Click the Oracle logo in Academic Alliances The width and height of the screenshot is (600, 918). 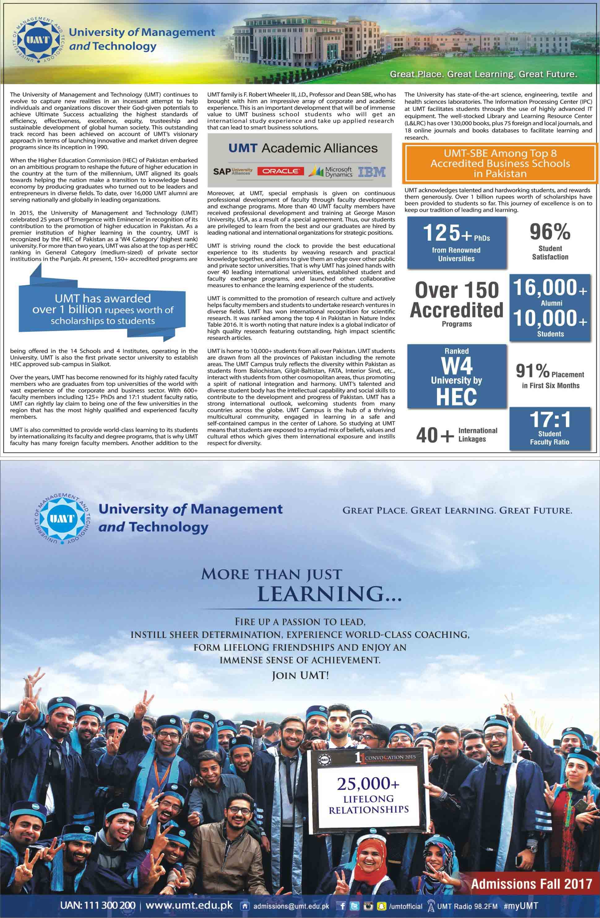(x=281, y=171)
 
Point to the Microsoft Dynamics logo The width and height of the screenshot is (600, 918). (x=331, y=172)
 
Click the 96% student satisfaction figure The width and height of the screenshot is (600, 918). (x=550, y=232)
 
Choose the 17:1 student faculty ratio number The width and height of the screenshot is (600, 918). (x=550, y=420)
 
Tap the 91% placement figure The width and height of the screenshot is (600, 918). (x=533, y=371)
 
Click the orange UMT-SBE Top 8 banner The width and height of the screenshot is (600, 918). (x=500, y=163)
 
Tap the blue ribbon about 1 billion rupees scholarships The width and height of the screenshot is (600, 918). (x=102, y=309)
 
